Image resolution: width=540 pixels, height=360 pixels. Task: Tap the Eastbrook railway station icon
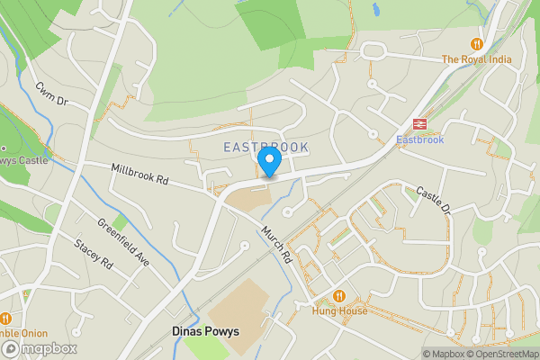(419, 123)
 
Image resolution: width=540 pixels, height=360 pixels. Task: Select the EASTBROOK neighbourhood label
(265, 147)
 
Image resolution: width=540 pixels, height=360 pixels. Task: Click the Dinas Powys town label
(205, 331)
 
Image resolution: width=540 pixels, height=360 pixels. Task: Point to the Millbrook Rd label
(139, 175)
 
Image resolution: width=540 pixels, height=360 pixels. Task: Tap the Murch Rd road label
(277, 244)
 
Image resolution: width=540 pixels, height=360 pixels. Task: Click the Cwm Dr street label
(53, 94)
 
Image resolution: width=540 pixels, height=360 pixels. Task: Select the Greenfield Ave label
(122, 243)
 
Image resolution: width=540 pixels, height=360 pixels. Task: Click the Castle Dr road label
(432, 200)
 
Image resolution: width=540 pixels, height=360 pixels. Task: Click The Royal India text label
(476, 59)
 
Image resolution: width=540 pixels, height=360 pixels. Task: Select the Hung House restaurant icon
(339, 295)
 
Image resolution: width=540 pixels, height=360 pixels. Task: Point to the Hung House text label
(339, 310)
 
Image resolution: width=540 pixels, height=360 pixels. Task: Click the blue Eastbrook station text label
(419, 139)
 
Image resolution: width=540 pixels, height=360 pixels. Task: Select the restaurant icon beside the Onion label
(5, 318)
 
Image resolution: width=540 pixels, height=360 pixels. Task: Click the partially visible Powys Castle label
(22, 160)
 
